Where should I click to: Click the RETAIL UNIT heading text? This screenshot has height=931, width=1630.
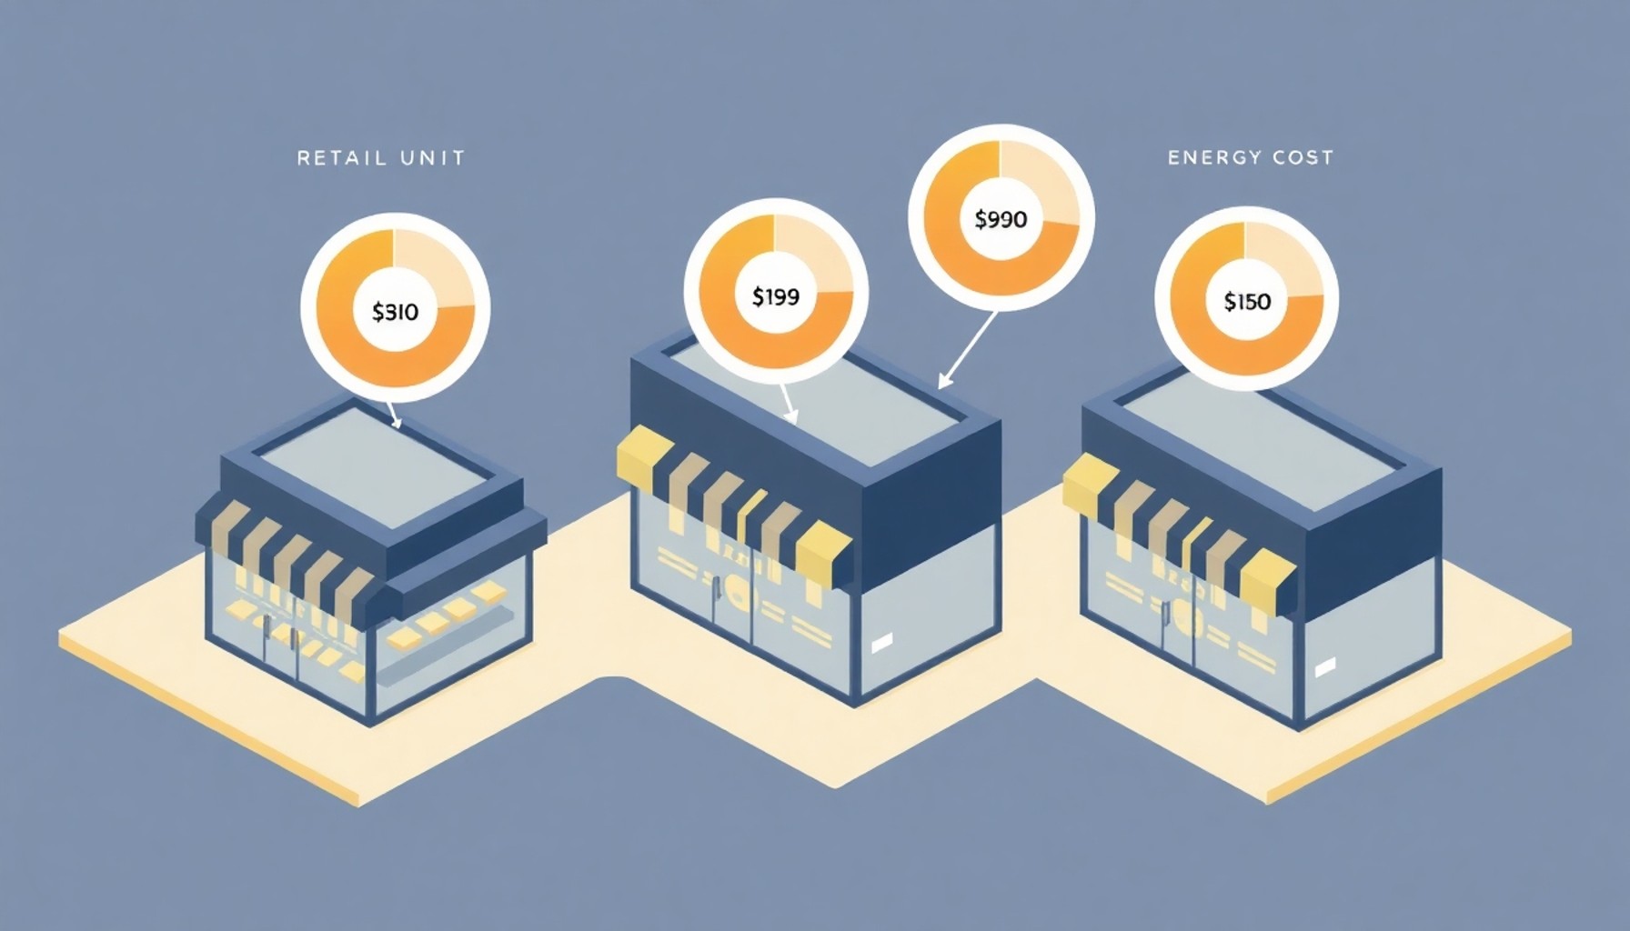click(381, 158)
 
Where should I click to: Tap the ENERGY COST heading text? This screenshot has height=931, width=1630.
click(1251, 157)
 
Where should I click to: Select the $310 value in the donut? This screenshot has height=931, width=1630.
click(396, 312)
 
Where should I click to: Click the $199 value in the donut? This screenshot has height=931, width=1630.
click(776, 295)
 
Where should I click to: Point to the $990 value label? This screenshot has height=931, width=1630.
click(1001, 219)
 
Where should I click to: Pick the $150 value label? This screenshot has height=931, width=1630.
click(1247, 301)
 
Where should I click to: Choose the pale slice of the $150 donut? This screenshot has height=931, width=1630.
click(1284, 260)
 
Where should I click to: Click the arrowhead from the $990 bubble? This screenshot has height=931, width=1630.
click(943, 381)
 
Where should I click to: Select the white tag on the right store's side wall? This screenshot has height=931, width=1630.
click(1324, 667)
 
